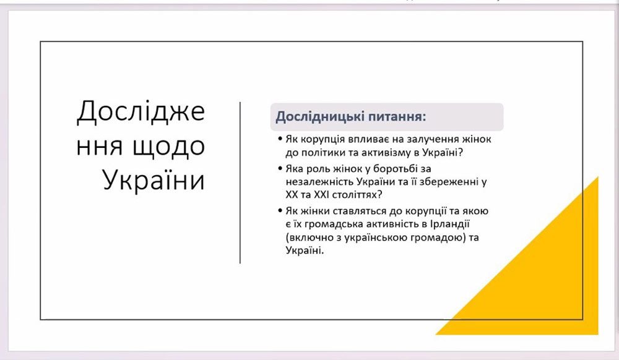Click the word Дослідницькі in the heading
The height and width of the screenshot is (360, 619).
(315, 116)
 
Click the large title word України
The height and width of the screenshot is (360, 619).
(154, 180)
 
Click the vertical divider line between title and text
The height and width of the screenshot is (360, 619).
(240, 182)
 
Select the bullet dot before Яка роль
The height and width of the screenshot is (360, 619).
(280, 168)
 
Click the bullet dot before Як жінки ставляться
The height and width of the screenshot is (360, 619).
(280, 211)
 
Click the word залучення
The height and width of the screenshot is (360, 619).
(425, 139)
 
